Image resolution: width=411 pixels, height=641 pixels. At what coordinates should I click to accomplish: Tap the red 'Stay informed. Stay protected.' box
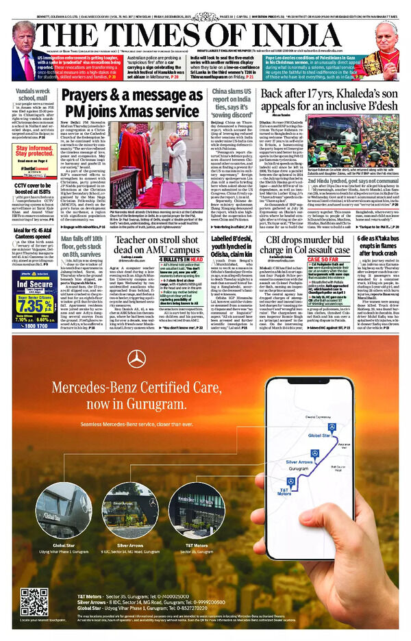click(x=32, y=151)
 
